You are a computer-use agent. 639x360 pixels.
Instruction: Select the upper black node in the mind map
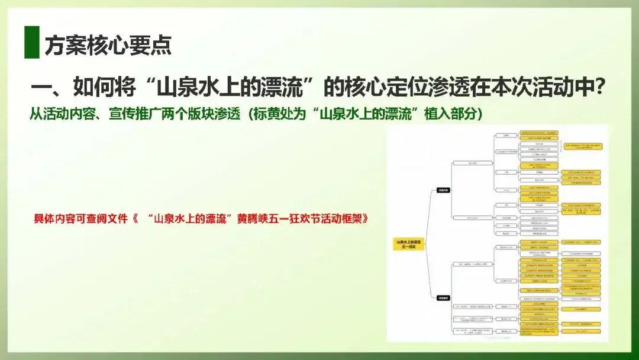tap(443, 190)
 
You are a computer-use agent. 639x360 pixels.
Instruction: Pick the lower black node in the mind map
tap(443, 298)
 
